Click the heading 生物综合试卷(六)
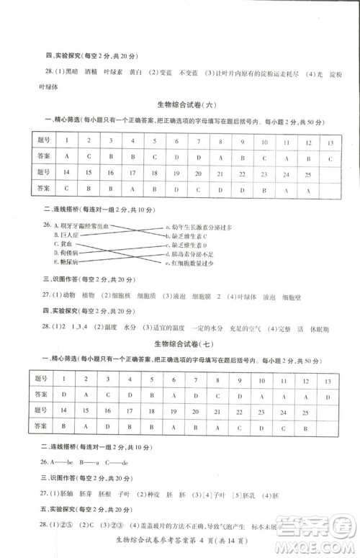pyautogui.click(x=186, y=105)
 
